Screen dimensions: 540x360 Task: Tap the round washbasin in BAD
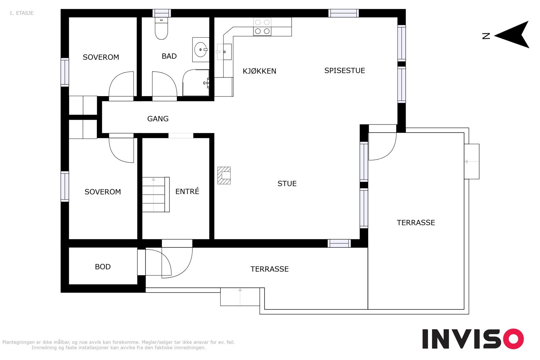tap(200, 50)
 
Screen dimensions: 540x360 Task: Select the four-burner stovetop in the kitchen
tap(262, 27)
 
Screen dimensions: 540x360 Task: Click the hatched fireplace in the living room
tap(224, 175)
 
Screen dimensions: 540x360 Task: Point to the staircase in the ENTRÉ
tap(156, 194)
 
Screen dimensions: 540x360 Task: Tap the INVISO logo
tap(473, 339)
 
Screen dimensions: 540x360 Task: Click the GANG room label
tap(158, 118)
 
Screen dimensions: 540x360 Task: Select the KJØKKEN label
tap(260, 71)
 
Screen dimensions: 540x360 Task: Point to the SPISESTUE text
tap(345, 71)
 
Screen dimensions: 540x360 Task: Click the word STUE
tap(287, 184)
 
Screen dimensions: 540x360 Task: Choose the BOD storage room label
tap(103, 267)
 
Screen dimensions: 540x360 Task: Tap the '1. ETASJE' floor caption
tap(22, 13)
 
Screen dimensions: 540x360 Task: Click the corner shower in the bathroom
tap(196, 83)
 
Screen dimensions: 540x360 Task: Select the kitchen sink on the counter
tap(224, 52)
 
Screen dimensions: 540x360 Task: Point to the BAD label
tap(169, 56)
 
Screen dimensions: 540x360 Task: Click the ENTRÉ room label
tap(187, 191)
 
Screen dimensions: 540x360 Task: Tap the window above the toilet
tap(162, 13)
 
